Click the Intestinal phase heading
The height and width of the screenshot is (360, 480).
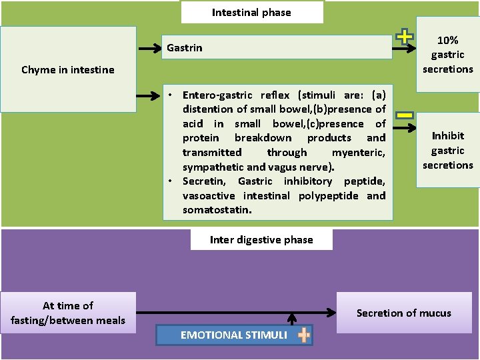[x=251, y=12]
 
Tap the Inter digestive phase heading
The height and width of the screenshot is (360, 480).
[x=261, y=240]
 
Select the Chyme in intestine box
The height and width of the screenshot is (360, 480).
[x=68, y=69]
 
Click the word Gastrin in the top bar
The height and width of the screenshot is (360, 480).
[x=185, y=48]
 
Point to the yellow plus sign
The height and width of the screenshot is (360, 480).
[x=404, y=37]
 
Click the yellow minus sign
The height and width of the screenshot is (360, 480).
[x=404, y=115]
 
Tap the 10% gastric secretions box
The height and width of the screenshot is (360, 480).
[x=447, y=55]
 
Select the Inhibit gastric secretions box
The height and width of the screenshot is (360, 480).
[x=447, y=150]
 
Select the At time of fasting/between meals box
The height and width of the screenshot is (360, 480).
[x=68, y=313]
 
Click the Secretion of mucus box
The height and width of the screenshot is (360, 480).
[x=403, y=313]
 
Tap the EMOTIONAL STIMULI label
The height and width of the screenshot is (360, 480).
[x=233, y=335]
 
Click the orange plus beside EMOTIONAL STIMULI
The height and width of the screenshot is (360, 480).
[x=304, y=335]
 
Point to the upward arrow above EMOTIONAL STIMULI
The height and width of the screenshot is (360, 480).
[x=291, y=318]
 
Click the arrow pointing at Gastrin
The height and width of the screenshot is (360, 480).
[x=149, y=48]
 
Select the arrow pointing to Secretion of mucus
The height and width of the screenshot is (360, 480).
[x=233, y=312]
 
